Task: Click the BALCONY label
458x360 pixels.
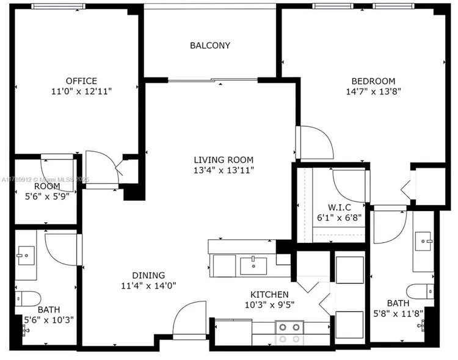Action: (x=210, y=46)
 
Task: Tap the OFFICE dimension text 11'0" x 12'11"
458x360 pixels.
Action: (x=81, y=92)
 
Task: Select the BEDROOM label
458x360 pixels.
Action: (x=373, y=81)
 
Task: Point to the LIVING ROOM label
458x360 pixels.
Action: (x=224, y=160)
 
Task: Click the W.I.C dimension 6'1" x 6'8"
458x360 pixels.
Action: (x=340, y=217)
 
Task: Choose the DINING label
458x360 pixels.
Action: (x=148, y=275)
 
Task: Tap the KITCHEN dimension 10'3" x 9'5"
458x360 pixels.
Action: (x=269, y=305)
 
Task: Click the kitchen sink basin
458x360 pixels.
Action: (x=253, y=266)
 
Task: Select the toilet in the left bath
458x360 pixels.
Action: (x=27, y=298)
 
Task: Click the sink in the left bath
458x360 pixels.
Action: (x=26, y=256)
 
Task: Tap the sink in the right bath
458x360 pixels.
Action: (x=423, y=241)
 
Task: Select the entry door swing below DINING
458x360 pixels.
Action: (x=189, y=320)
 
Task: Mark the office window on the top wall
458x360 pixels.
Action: (x=59, y=6)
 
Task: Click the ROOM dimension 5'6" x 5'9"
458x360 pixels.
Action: (x=47, y=196)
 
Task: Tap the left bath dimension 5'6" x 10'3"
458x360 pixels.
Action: (x=49, y=320)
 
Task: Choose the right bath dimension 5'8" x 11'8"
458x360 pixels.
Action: (x=398, y=314)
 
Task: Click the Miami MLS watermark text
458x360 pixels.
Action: (x=45, y=180)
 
